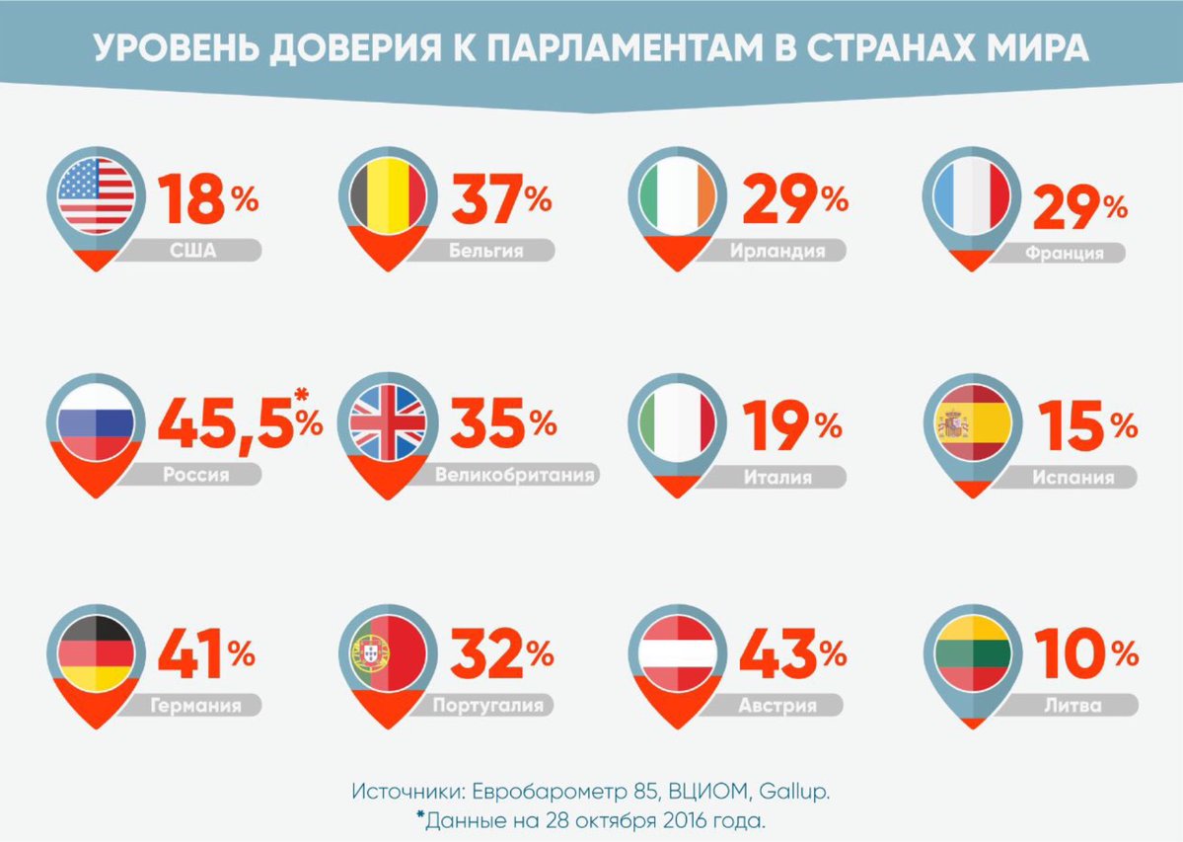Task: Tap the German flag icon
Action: point(95,651)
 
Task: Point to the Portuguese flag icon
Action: point(387,651)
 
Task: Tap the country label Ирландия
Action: point(777,251)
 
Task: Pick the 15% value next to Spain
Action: point(1083,424)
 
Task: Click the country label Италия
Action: point(777,478)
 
